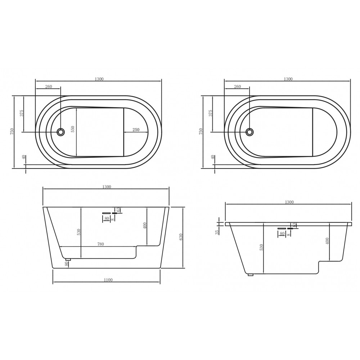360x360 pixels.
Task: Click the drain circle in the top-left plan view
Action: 61,132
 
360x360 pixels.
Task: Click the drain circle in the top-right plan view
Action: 249,132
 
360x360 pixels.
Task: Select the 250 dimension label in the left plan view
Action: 136,130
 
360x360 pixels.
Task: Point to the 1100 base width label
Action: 108,280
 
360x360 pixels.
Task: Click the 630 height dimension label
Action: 181,237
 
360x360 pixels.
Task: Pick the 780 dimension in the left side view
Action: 100,244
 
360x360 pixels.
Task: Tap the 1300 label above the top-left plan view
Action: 99,79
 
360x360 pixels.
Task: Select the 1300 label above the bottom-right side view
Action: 289,202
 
